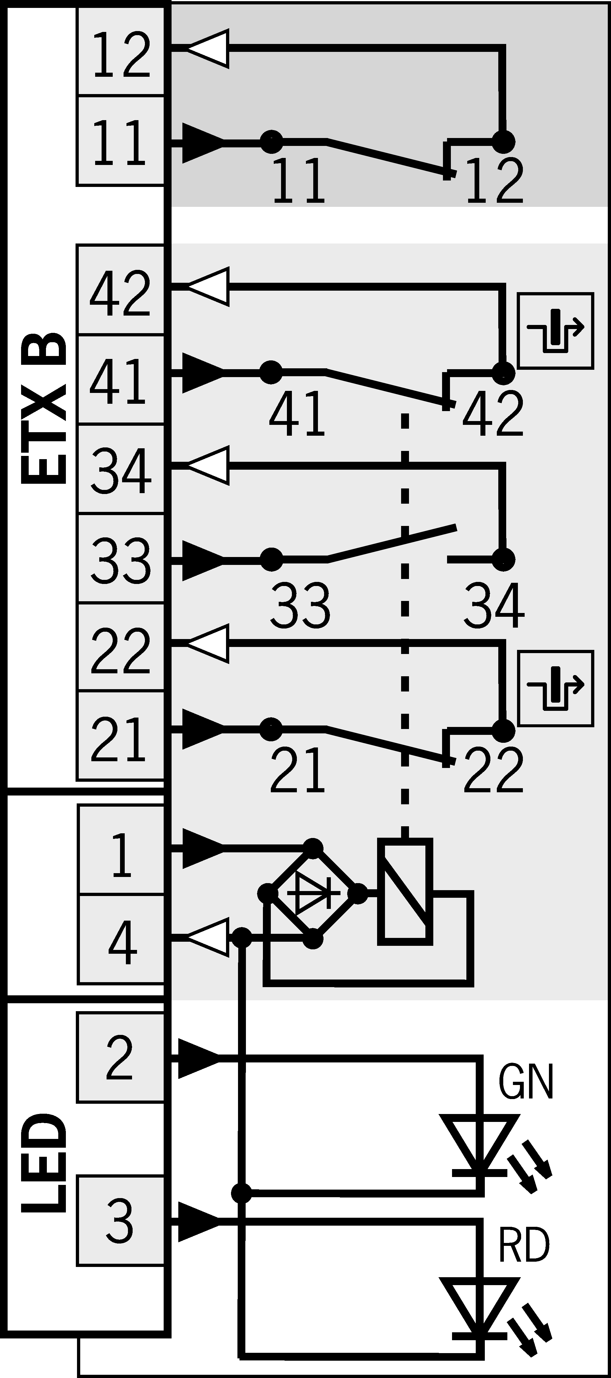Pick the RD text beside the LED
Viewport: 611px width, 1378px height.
coord(524,1245)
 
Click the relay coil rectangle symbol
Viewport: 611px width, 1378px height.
coord(405,892)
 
